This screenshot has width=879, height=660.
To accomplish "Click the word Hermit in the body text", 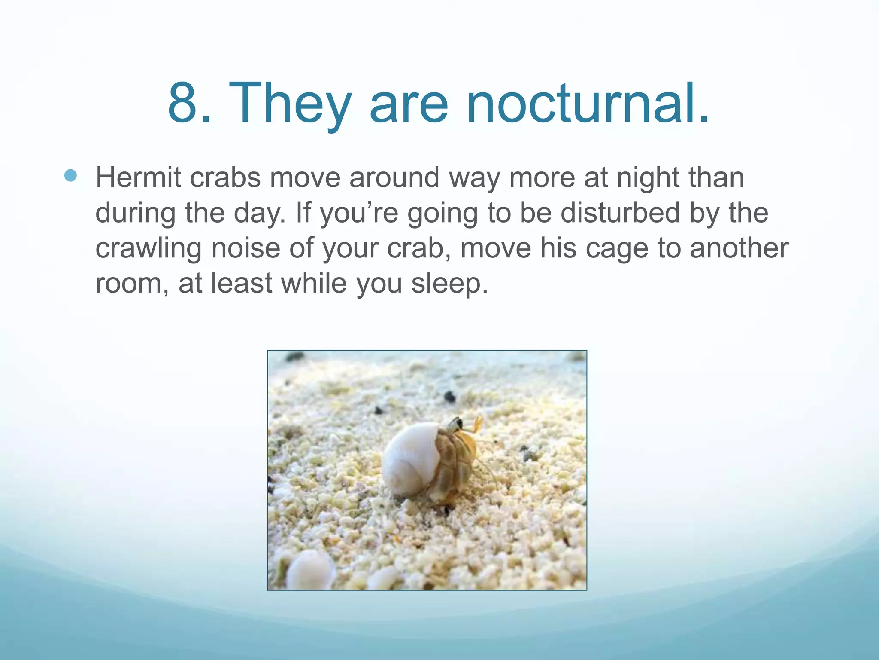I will tap(138, 177).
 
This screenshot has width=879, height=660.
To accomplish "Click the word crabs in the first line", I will tap(225, 177).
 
